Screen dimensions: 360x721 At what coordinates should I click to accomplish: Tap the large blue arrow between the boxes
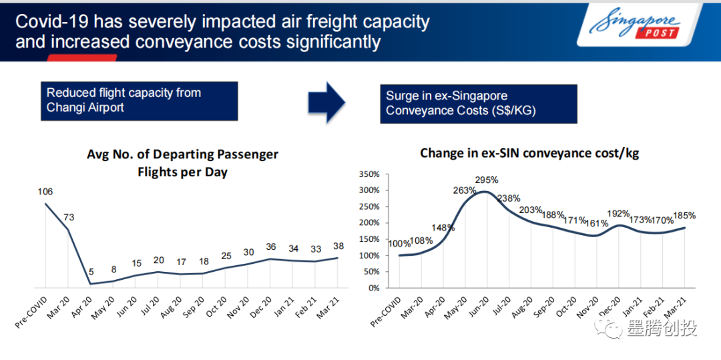coord(326,102)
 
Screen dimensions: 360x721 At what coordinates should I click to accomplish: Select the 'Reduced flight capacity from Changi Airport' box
coord(142,101)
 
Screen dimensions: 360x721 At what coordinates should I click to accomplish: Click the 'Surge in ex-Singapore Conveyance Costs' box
coord(478,104)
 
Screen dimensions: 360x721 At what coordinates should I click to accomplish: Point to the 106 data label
coord(45,192)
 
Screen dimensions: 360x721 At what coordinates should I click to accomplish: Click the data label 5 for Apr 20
coord(91,272)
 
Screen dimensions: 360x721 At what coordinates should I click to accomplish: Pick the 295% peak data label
coord(486,180)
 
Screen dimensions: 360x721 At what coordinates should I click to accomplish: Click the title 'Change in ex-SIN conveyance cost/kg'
coord(529,154)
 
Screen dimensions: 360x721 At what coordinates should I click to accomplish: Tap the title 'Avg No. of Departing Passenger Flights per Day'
coord(182,163)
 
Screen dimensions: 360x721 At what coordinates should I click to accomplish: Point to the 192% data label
coord(618,214)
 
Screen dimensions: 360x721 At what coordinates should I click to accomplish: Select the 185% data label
coord(684,216)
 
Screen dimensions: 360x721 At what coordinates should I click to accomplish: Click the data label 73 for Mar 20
coord(68,218)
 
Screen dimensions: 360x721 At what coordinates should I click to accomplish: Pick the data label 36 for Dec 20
coord(270,247)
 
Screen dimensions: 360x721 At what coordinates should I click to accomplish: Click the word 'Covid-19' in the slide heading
coord(51,21)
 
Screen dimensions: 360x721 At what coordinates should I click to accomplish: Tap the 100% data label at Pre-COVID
coord(400,244)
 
